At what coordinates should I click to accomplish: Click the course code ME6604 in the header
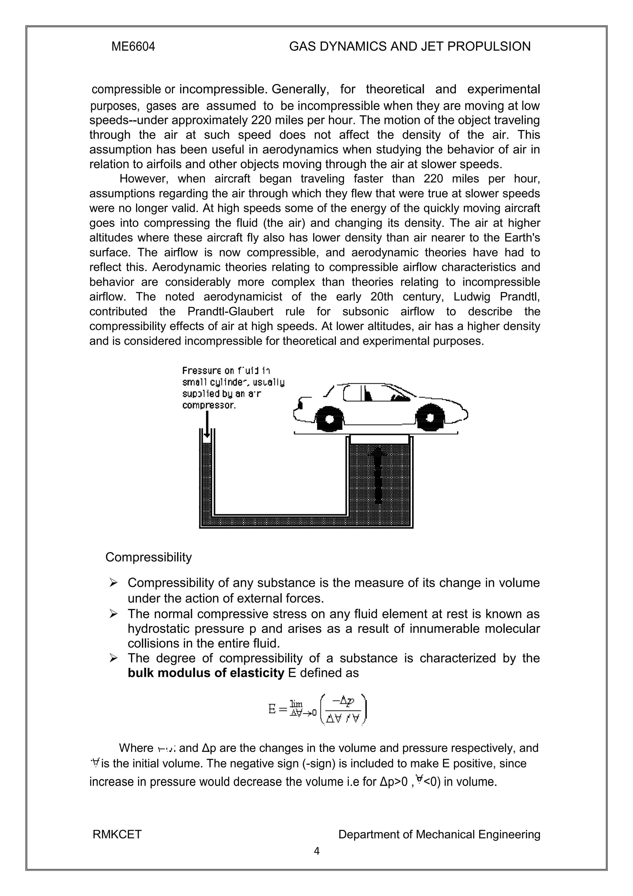133,47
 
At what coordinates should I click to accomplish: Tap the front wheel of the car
430,418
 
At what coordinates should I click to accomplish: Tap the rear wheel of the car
329,419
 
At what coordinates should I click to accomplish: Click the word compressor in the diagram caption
209,405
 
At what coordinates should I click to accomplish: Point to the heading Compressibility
148,557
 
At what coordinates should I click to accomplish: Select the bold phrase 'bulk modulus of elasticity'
206,673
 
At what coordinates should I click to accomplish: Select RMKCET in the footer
117,835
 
